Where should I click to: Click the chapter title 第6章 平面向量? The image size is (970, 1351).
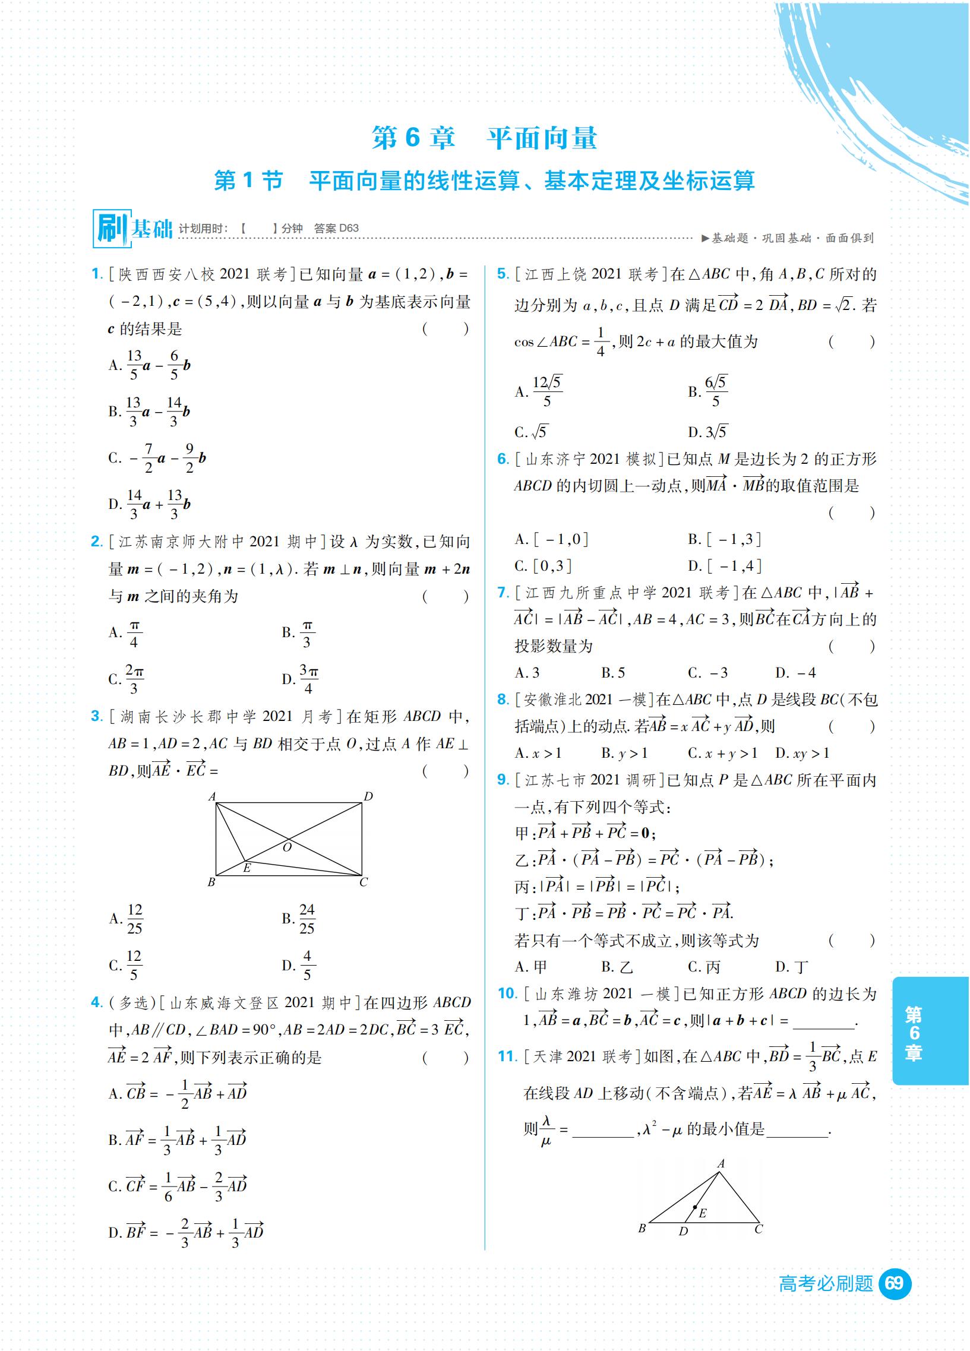(484, 138)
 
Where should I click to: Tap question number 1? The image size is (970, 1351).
(97, 274)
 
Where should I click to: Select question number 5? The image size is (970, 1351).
(503, 274)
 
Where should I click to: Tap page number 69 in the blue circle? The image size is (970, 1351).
(894, 1283)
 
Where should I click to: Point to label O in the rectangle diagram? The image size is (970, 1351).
(287, 847)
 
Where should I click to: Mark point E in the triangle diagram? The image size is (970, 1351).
(695, 1207)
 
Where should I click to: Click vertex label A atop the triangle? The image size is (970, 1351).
(721, 1163)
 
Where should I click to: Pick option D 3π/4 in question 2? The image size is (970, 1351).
(302, 679)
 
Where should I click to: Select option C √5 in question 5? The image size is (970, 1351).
(532, 432)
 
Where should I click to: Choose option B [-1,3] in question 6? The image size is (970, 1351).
(725, 539)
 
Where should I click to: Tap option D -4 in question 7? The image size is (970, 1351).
(796, 673)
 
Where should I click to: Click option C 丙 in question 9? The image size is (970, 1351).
(704, 967)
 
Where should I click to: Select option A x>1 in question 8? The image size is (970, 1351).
(539, 753)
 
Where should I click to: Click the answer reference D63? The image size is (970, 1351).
(349, 228)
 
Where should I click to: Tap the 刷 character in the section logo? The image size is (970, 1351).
(111, 228)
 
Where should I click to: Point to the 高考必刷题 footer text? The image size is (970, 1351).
(826, 1283)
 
